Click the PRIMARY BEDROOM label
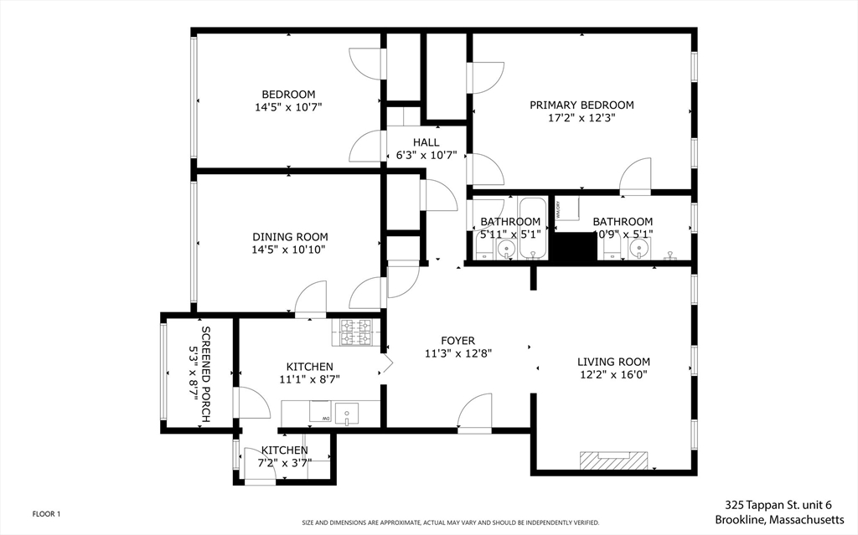click(581, 105)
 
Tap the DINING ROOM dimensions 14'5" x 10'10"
click(290, 249)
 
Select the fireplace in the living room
click(614, 460)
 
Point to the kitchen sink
click(346, 413)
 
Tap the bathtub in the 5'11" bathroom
click(533, 228)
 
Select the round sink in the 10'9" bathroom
click(642, 249)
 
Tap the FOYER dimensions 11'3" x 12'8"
click(457, 353)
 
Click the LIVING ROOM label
click(613, 362)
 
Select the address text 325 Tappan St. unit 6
click(778, 505)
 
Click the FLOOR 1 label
click(46, 514)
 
